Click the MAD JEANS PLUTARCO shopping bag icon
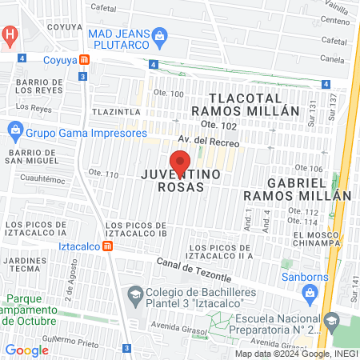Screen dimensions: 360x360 [160, 35]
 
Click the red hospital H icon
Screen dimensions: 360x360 [10, 34]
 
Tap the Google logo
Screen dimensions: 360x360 [26, 350]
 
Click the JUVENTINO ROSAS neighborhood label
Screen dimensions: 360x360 [172, 180]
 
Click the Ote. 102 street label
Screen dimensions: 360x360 [220, 124]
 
